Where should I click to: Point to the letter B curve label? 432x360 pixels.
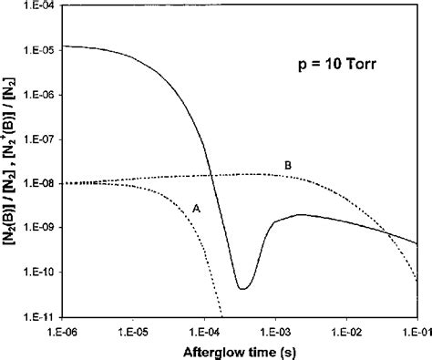[288, 164]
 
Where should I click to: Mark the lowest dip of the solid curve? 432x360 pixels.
[242, 288]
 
